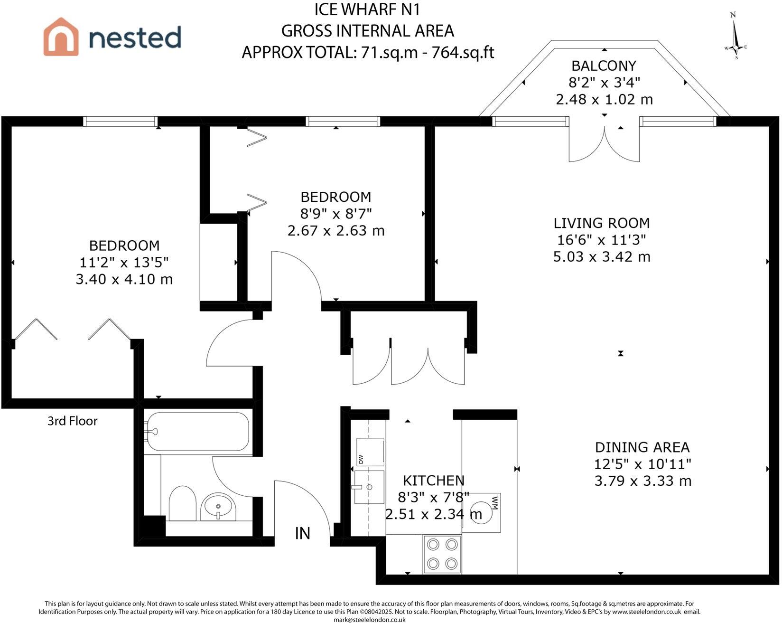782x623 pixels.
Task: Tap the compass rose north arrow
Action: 735,36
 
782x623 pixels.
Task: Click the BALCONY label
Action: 604,66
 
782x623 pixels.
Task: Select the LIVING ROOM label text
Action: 602,223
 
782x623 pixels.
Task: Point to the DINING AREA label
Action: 642,447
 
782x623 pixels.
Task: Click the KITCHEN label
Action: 434,481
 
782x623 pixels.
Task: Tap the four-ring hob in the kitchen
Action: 442,553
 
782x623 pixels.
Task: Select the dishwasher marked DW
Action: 369,452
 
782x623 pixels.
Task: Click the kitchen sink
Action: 369,487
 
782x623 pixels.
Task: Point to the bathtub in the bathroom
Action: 197,432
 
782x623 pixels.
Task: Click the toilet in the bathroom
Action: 182,503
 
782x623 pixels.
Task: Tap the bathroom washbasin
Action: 218,507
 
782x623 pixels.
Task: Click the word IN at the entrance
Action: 303,533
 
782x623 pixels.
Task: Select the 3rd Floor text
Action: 72,421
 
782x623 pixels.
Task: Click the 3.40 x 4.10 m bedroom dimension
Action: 124,279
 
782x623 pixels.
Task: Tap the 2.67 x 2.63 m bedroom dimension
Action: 336,231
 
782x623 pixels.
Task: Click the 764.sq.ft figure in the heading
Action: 463,52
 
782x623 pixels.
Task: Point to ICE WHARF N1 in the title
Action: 368,9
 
